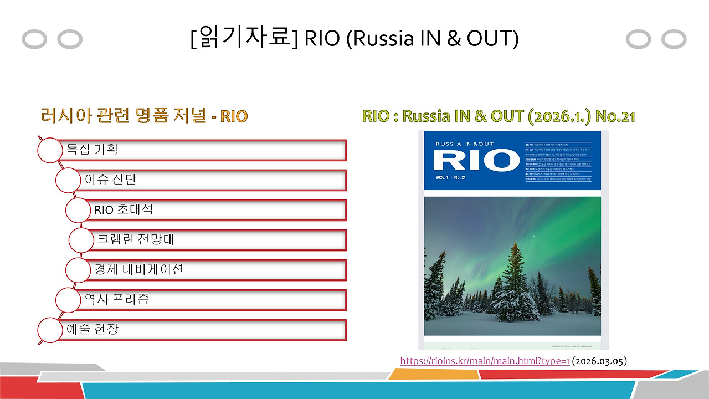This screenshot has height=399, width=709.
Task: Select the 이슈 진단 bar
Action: (210, 180)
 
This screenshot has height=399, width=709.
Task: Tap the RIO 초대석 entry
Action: (216, 209)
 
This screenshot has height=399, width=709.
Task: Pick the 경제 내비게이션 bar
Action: (216, 269)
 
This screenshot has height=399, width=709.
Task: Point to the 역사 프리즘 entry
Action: (210, 299)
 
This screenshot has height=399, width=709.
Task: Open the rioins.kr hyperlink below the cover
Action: (485, 361)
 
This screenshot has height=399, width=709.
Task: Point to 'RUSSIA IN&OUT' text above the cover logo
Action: (463, 144)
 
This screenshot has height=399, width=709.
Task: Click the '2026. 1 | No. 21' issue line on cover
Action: (451, 178)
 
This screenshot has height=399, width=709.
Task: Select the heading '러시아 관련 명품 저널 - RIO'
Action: (144, 116)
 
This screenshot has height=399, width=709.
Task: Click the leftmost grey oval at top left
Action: (34, 39)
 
